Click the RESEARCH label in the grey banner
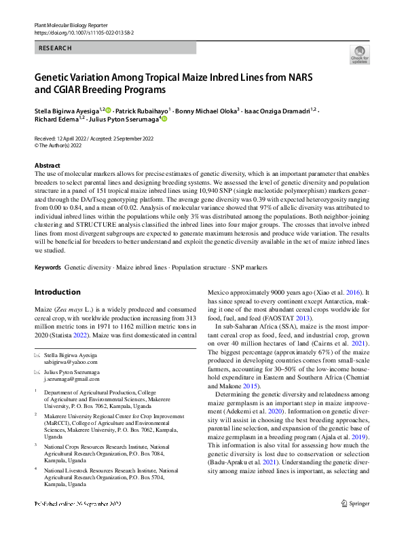[55, 48]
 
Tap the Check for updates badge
[359, 55]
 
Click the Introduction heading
[57, 292]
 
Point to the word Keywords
[48, 267]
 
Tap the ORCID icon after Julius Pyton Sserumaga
[163, 119]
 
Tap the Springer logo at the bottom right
[356, 522]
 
